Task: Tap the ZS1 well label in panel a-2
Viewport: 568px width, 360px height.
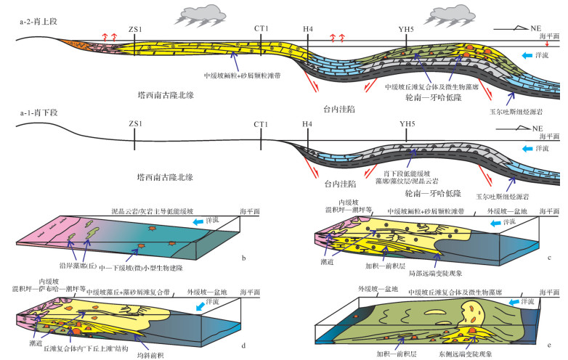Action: pyautogui.click(x=134, y=28)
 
